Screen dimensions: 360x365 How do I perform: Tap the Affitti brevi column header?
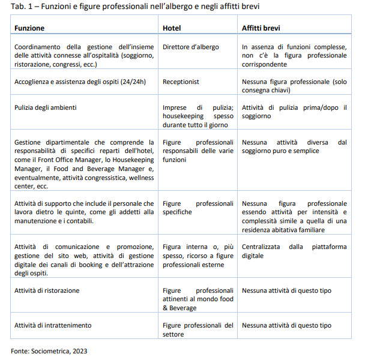(x=261, y=28)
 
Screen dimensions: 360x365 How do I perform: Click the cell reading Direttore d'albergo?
(x=191, y=47)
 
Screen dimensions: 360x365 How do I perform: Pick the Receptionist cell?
(x=181, y=82)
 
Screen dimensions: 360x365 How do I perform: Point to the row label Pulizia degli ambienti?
(x=53, y=107)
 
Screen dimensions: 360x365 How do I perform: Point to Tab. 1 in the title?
(x=22, y=6)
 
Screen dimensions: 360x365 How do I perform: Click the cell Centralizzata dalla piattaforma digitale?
(x=294, y=251)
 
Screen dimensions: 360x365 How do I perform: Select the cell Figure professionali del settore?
(x=198, y=329)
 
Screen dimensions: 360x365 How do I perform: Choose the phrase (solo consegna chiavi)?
(x=294, y=86)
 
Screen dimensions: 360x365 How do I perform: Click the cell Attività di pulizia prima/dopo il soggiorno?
(x=294, y=112)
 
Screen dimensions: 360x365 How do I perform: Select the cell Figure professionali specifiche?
(x=198, y=208)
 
